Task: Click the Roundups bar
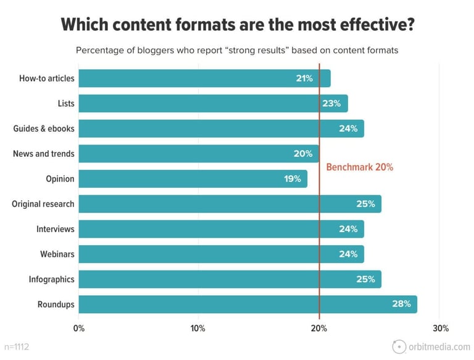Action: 247,304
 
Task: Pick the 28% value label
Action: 402,304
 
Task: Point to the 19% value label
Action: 293,179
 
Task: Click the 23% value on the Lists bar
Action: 331,104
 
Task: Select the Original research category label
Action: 43,204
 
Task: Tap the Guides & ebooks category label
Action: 44,128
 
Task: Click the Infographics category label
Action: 51,280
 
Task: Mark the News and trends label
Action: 43,154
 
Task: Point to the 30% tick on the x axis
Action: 441,328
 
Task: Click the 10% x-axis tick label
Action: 198,328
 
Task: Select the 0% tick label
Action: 79,328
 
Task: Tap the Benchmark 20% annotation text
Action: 359,167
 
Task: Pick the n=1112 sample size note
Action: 16,347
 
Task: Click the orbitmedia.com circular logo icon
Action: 399,346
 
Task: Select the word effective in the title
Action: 369,25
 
